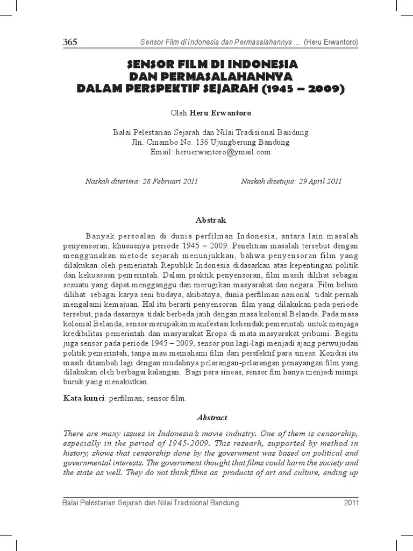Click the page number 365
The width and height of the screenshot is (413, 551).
[x=70, y=43]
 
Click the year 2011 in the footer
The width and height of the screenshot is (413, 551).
[x=351, y=503]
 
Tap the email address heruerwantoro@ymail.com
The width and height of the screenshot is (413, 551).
[x=223, y=152]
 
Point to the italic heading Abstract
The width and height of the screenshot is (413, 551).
[x=212, y=417]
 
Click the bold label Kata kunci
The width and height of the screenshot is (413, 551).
[x=84, y=399]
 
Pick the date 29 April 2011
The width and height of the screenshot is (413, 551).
[x=318, y=181]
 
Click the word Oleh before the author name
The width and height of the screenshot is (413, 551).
[x=178, y=114]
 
